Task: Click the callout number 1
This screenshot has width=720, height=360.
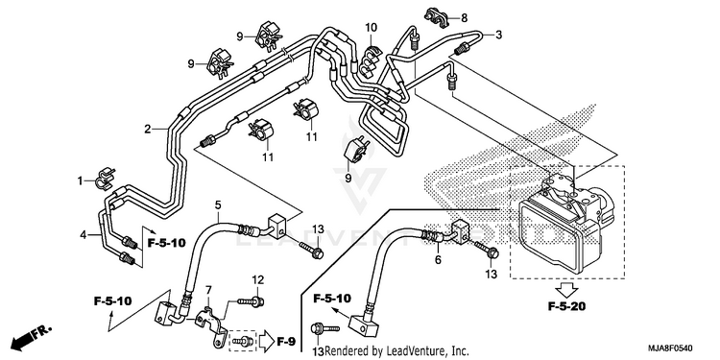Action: point(81,180)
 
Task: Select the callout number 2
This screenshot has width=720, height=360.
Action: point(148,129)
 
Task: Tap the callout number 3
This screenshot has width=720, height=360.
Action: point(498,35)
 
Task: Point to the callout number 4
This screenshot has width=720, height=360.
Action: point(84,235)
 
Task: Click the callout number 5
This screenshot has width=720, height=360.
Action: point(218,204)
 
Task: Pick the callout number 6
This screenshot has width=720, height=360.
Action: point(438,260)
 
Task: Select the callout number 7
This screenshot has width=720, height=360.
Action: point(208,290)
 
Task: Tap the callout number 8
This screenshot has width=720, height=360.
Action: point(465,18)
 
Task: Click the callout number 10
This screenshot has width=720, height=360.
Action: point(371,27)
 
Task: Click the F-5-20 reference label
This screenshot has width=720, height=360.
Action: point(566,307)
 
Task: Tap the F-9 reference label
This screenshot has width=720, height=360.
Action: point(286,341)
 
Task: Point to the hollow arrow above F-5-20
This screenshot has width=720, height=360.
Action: point(566,290)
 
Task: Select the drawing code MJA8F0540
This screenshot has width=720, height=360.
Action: point(670,348)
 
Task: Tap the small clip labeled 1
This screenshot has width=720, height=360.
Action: point(105,180)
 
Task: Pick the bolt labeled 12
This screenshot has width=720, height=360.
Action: point(251,301)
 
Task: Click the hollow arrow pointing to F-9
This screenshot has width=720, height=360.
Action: point(266,341)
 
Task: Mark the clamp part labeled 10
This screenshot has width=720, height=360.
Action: point(369,60)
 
